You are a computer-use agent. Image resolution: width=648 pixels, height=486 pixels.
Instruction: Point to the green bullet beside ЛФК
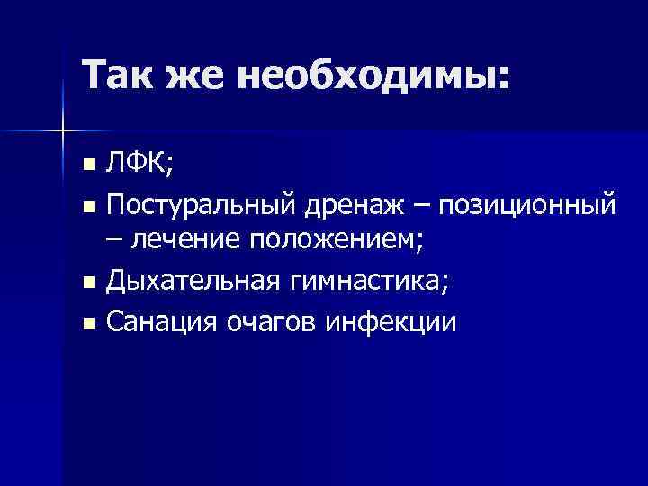[88, 167]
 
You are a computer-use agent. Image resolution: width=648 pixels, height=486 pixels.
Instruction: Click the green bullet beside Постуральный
[88, 206]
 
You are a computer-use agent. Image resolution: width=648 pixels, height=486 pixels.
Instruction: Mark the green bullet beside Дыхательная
[88, 283]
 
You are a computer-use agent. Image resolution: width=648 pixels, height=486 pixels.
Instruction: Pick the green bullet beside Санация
[88, 322]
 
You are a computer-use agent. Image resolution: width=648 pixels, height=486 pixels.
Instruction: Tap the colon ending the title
[501, 79]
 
